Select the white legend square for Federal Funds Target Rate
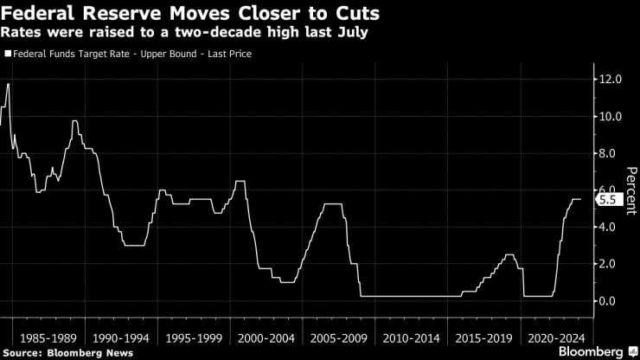[8, 54]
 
